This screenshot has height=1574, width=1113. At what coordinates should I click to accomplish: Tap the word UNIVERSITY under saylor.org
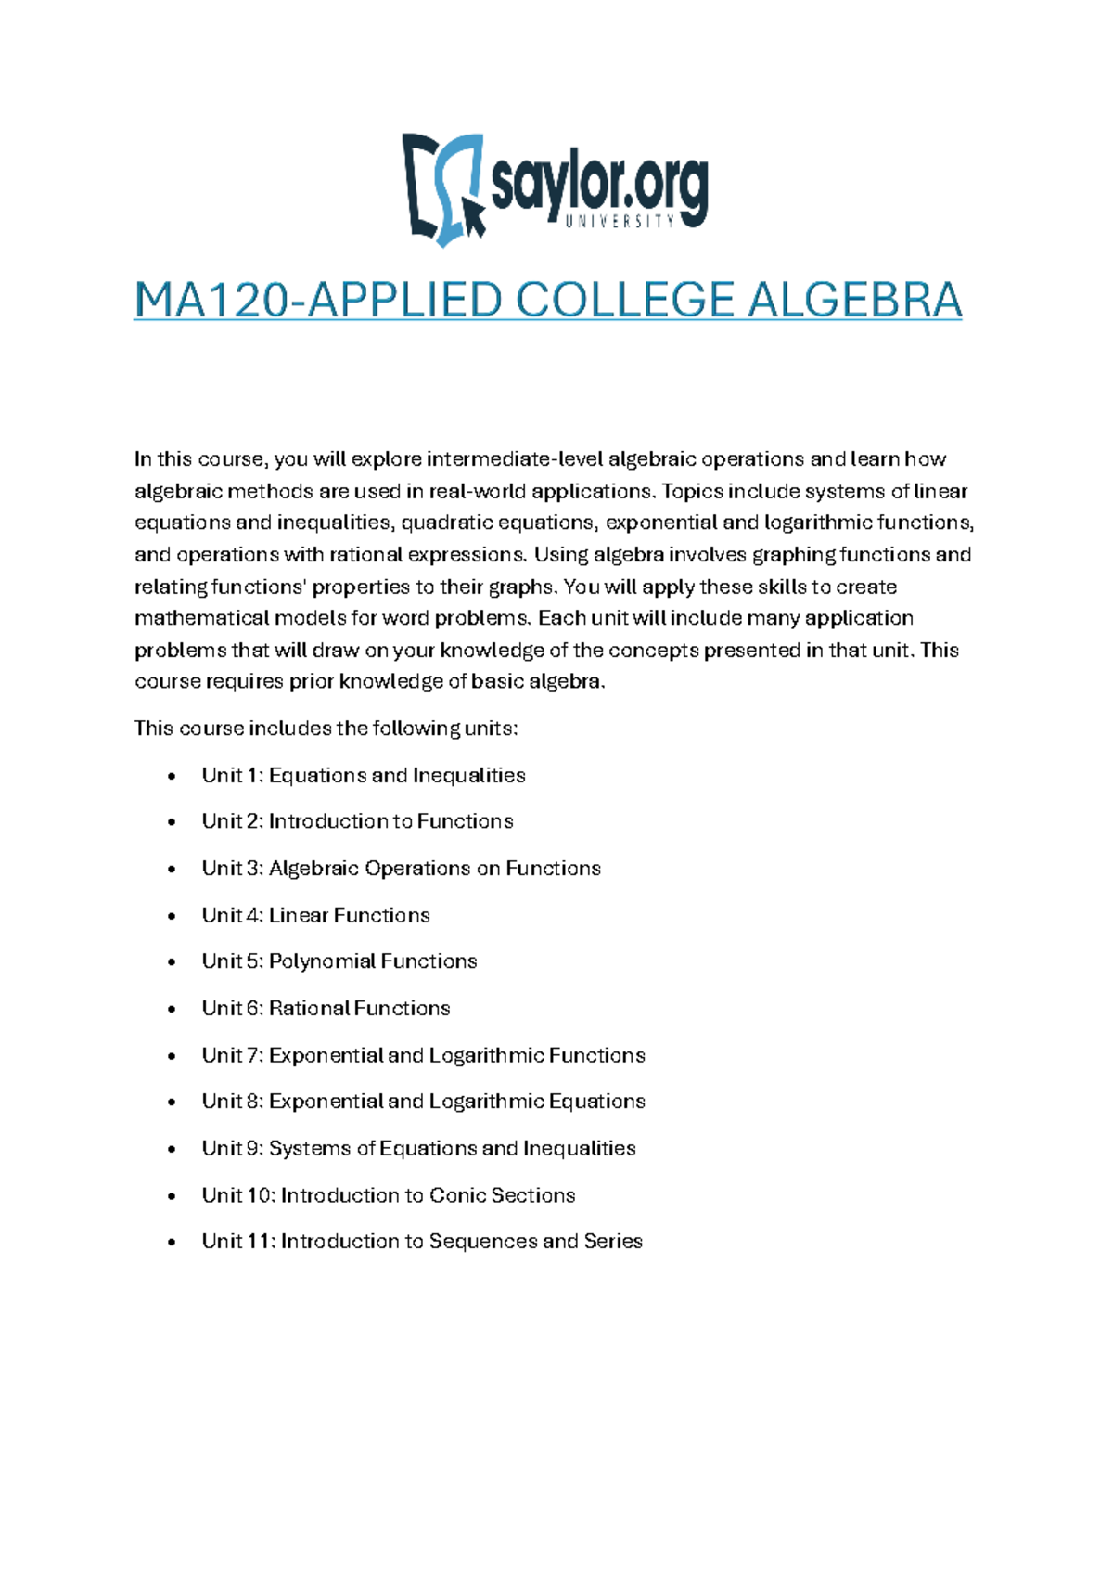(620, 222)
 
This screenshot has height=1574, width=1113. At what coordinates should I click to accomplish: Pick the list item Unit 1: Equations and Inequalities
(364, 775)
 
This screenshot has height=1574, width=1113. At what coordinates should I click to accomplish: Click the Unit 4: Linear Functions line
(315, 915)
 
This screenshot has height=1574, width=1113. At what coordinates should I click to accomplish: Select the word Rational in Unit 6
(309, 1008)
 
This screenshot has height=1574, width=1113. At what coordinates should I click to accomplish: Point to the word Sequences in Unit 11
(483, 1242)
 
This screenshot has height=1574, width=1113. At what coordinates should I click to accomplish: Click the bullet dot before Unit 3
(172, 870)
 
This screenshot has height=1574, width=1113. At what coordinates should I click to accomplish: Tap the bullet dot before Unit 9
(172, 1150)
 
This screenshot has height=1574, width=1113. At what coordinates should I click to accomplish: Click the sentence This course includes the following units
(326, 729)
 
